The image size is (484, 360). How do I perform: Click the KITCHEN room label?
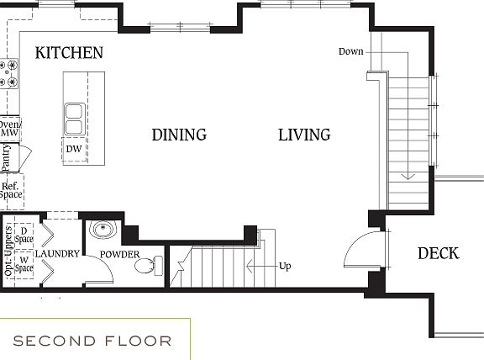pyautogui.click(x=69, y=53)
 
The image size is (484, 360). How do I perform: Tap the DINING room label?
pyautogui.click(x=179, y=135)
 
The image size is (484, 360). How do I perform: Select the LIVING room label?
pyautogui.click(x=304, y=135)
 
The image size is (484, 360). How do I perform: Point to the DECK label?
pyautogui.click(x=438, y=253)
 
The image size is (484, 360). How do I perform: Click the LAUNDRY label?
pyautogui.click(x=58, y=253)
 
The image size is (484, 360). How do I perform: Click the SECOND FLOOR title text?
pyautogui.click(x=92, y=341)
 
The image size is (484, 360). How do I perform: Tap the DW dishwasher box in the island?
pyautogui.click(x=74, y=149)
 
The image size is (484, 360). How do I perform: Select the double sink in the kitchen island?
pyautogui.click(x=74, y=119)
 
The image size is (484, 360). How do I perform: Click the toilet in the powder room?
pyautogui.click(x=146, y=266)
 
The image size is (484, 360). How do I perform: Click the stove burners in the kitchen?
pyautogui.click(x=9, y=74)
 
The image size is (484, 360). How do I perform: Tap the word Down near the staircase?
pyautogui.click(x=350, y=51)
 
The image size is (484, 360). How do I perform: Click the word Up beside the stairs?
pyautogui.click(x=285, y=267)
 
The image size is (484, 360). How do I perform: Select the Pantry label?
pyautogui.click(x=7, y=157)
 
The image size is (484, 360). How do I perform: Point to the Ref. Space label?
pyautogui.click(x=11, y=191)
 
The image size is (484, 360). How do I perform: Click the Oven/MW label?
pyautogui.click(x=9, y=128)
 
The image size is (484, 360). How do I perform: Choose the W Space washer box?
pyautogui.click(x=24, y=263)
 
